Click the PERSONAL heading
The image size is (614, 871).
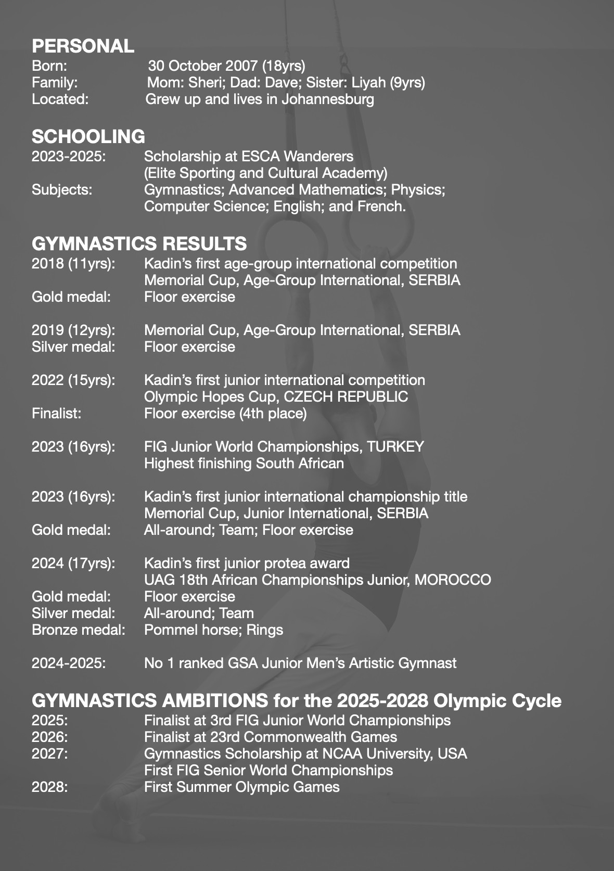(x=83, y=46)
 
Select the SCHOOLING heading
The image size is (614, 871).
(x=88, y=136)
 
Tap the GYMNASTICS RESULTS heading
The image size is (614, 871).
(x=139, y=244)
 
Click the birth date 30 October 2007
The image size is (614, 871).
(x=203, y=66)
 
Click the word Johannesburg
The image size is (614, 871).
(x=328, y=99)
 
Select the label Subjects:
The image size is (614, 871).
(x=62, y=189)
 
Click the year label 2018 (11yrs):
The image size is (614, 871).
(x=73, y=263)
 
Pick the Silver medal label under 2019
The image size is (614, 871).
(x=73, y=347)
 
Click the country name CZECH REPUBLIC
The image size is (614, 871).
(x=346, y=396)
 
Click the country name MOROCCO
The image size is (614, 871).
(x=453, y=580)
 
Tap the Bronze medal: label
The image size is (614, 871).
(x=79, y=630)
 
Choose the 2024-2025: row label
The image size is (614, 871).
(x=69, y=663)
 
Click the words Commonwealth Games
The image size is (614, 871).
(x=320, y=737)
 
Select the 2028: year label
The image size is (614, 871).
(x=49, y=787)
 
